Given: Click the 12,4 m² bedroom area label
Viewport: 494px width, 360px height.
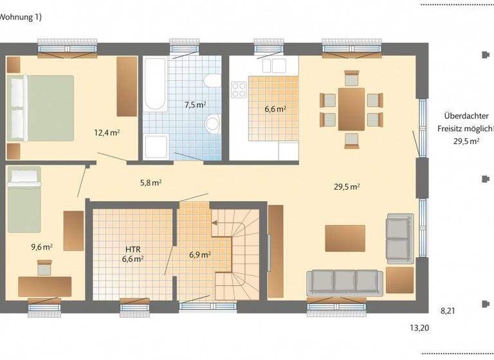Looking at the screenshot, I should pos(107,133).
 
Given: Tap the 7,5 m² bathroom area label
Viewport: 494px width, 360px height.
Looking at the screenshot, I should pos(196,104).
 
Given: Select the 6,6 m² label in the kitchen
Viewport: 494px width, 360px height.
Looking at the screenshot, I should pos(275,109).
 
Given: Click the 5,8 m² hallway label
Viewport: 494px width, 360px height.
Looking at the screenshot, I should pos(151,182).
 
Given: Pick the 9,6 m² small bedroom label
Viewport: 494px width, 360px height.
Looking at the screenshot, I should pos(42,246).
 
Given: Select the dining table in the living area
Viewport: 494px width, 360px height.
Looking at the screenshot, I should pos(351,109).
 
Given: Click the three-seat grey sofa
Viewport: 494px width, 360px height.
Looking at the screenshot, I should pos(344,281).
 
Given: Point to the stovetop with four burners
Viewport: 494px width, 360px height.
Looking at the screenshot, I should pos(240,89).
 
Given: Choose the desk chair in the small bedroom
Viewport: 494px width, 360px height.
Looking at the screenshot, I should pos(44,267).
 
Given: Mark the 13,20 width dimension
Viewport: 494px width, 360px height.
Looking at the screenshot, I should pos(419,328).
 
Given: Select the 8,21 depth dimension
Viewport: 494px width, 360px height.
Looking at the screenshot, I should pos(448,310).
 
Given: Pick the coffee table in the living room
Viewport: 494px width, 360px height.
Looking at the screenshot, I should pos(345,238).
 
